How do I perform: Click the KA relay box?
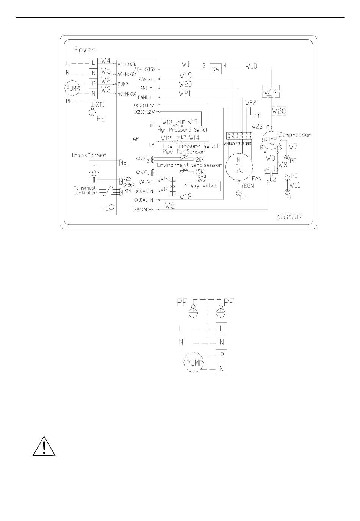coord(216,69)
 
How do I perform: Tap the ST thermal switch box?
coord(271,91)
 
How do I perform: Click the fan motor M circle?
coord(239,167)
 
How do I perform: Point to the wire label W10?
coord(251,66)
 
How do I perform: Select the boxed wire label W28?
coord(279,111)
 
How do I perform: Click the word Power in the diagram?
coord(85,49)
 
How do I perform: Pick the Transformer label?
coord(89,155)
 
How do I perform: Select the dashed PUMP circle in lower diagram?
coord(194,363)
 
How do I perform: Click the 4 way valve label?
coord(200,186)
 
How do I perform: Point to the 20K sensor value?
coord(200,160)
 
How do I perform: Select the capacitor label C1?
coord(257,116)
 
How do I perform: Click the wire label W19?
coord(186,75)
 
